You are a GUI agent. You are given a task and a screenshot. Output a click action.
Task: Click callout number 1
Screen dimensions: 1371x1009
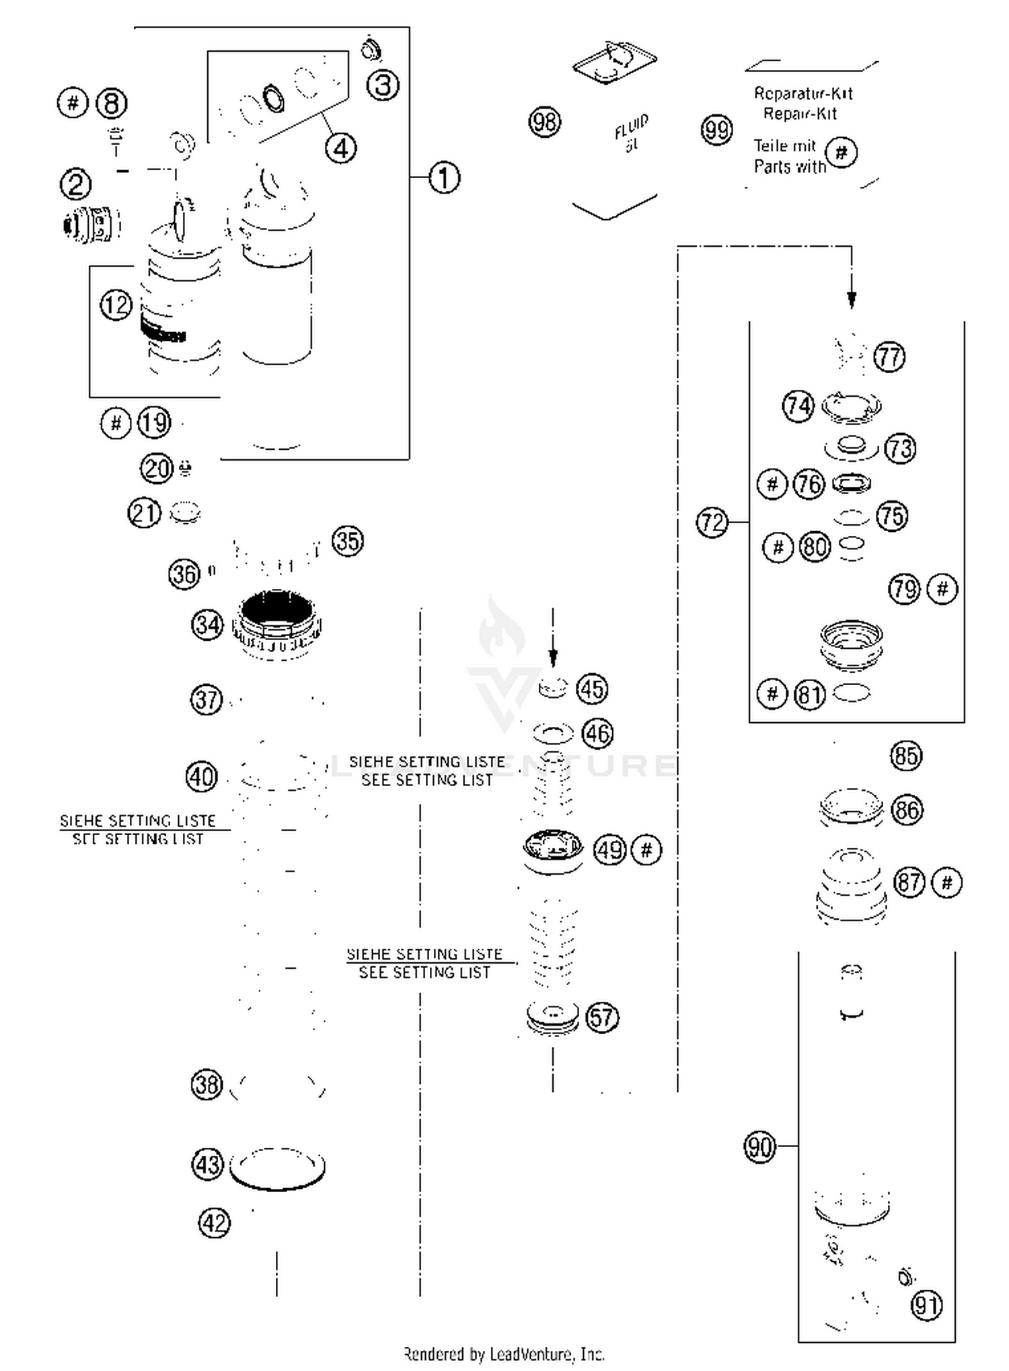coord(443,178)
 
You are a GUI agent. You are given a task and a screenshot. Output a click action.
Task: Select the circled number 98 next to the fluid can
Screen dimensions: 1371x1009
coord(544,122)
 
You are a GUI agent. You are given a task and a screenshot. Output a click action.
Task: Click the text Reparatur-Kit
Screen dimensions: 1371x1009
coord(802,93)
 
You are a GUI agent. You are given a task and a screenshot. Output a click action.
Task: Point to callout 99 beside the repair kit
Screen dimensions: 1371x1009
coord(716,129)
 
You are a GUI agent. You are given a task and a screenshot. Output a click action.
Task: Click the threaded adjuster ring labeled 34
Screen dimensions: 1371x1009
coord(276,625)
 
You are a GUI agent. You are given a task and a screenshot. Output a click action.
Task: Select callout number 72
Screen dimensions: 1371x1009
coord(712,522)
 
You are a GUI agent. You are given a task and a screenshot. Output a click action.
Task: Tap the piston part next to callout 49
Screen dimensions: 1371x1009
coord(552,851)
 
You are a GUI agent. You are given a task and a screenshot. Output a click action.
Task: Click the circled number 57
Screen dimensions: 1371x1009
coord(601,1017)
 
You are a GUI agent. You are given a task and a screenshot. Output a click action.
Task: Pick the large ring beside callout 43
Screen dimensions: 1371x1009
coord(277,1167)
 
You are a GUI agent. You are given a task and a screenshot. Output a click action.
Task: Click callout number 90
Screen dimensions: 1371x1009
coord(759,1146)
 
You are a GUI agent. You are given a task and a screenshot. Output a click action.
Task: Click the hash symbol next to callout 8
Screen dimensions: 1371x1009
coord(73,103)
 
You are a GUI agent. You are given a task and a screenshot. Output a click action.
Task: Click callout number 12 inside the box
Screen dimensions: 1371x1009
coord(116,305)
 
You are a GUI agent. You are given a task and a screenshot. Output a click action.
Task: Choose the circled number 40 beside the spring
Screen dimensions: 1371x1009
coord(201,777)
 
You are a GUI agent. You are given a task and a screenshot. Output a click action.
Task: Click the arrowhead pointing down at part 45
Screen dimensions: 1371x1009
coord(553,658)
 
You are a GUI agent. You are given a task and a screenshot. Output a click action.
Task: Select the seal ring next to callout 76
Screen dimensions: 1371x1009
coord(852,483)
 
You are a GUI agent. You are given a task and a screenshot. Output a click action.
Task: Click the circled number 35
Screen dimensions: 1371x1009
coord(347,541)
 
